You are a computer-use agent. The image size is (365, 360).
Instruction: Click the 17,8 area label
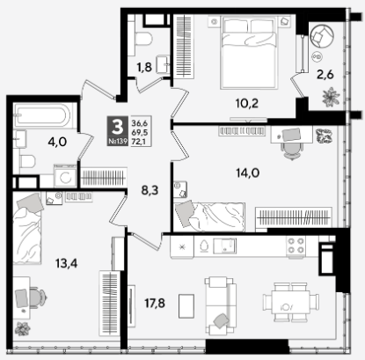pyautogui.click(x=155, y=304)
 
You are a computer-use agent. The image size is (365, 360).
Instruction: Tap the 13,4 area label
pyautogui.click(x=67, y=264)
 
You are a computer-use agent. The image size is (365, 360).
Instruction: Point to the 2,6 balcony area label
pyautogui.click(x=325, y=75)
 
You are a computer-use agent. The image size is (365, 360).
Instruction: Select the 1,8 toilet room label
pyautogui.click(x=144, y=67)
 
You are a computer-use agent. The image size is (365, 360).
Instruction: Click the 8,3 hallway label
pyautogui.click(x=150, y=190)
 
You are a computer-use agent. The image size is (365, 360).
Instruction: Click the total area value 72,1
pyautogui.click(x=140, y=142)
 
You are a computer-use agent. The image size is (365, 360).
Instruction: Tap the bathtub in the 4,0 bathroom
pyautogui.click(x=43, y=116)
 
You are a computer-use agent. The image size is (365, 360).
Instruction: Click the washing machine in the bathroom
pyautogui.click(x=65, y=176)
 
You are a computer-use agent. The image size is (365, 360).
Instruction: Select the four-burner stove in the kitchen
pyautogui.click(x=296, y=246)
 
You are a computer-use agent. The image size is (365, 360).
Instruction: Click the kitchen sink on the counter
pyautogui.click(x=224, y=246)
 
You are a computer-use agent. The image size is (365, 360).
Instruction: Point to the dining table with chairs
pyautogui.click(x=291, y=302)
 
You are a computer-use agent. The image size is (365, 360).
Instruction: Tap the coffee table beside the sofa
pyautogui.click(x=186, y=306)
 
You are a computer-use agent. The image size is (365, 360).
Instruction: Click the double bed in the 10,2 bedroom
pyautogui.click(x=249, y=52)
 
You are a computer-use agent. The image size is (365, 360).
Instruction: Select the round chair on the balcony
pyautogui.click(x=322, y=36)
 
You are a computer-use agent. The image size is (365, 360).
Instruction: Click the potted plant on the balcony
pyautogui.click(x=331, y=97)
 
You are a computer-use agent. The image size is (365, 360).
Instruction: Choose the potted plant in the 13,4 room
pyautogui.click(x=23, y=329)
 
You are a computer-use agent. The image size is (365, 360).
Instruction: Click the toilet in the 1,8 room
pyautogui.click(x=143, y=39)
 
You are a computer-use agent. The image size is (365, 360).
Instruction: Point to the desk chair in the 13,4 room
pyautogui.click(x=38, y=298)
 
